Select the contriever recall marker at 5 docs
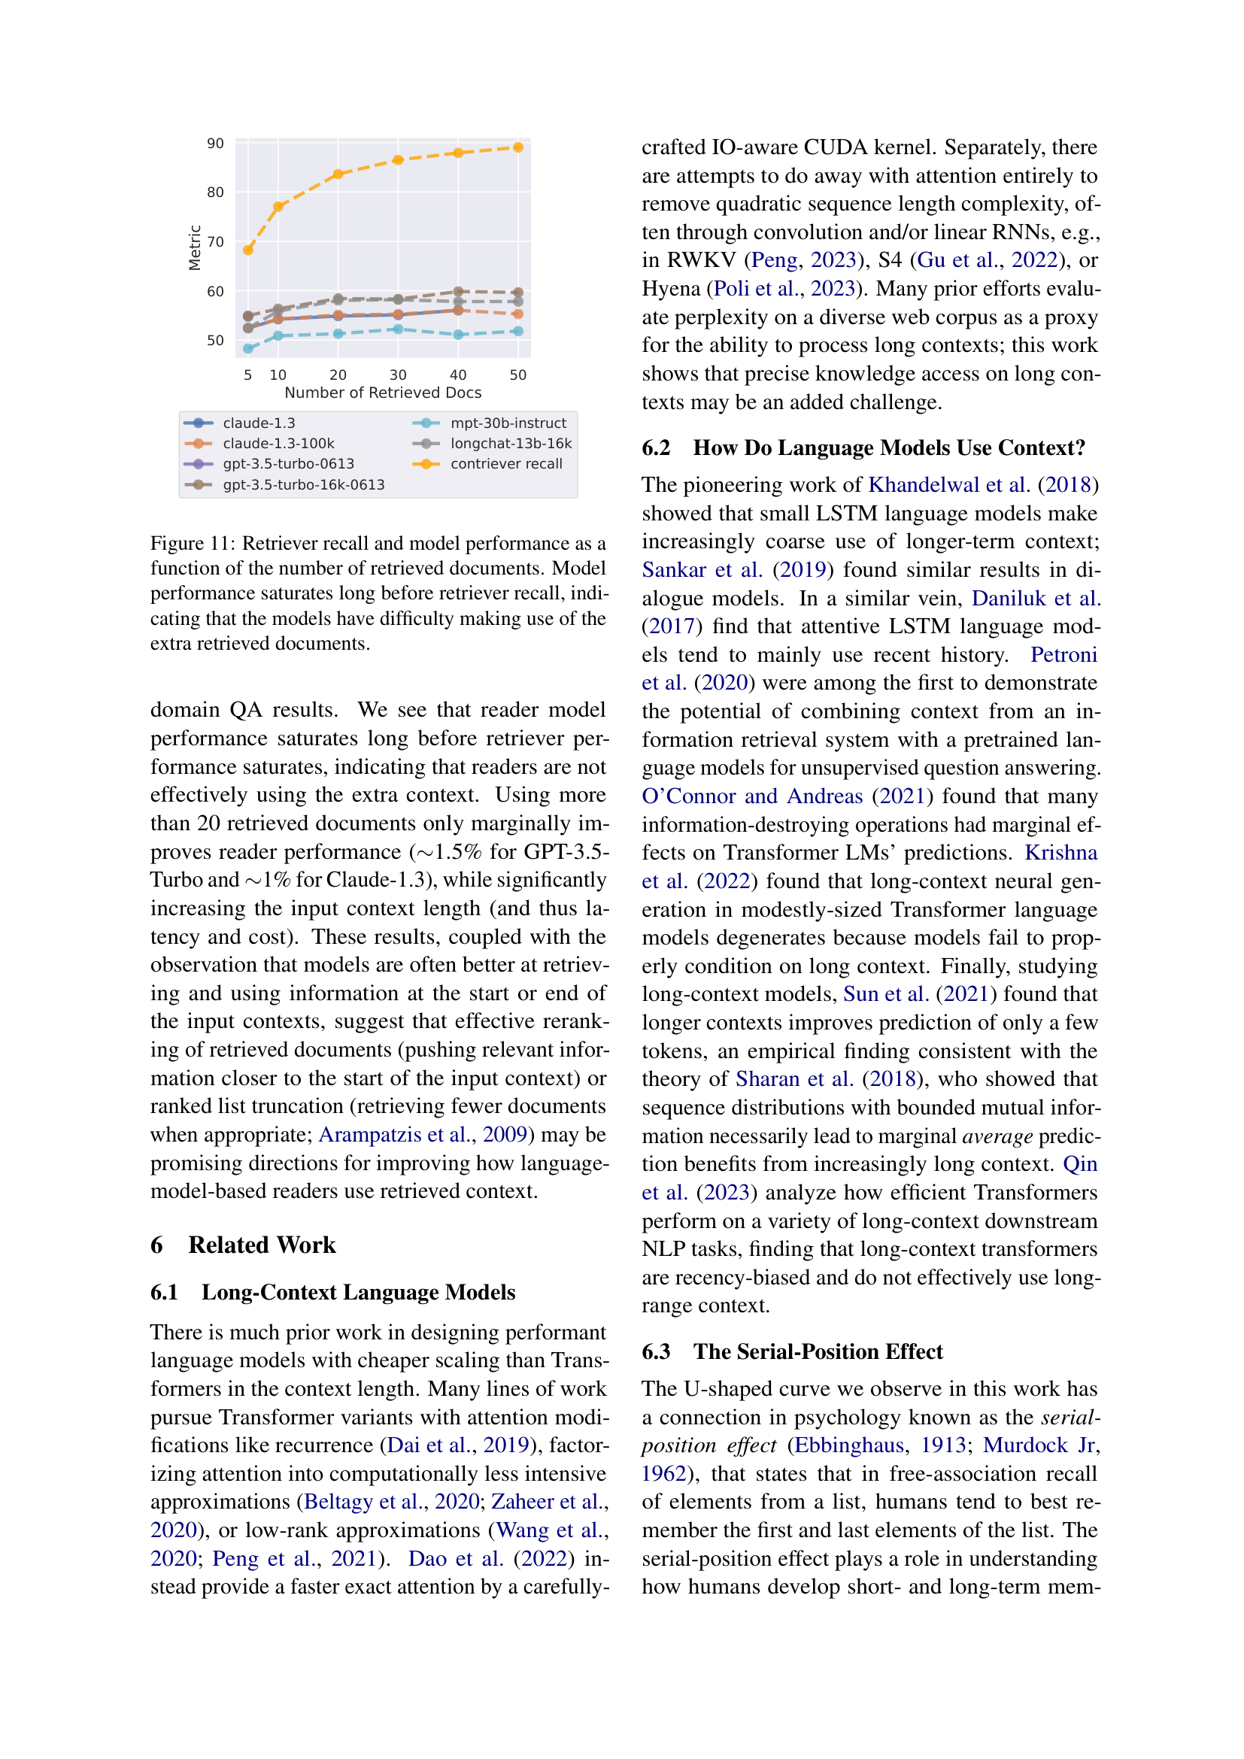tap(248, 250)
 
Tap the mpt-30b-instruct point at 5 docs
tap(248, 349)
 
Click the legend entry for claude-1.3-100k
tap(278, 444)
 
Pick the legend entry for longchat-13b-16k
tap(510, 444)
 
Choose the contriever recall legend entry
tap(505, 463)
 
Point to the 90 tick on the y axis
tap(215, 144)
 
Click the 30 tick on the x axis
tap(398, 375)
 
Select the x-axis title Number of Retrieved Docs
tap(383, 393)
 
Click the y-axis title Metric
tap(195, 247)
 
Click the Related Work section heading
tap(261, 1245)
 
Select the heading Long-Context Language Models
tap(358, 1293)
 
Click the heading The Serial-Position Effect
tap(818, 1351)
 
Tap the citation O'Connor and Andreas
tap(751, 796)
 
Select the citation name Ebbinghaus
tap(848, 1445)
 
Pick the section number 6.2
tap(656, 448)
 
